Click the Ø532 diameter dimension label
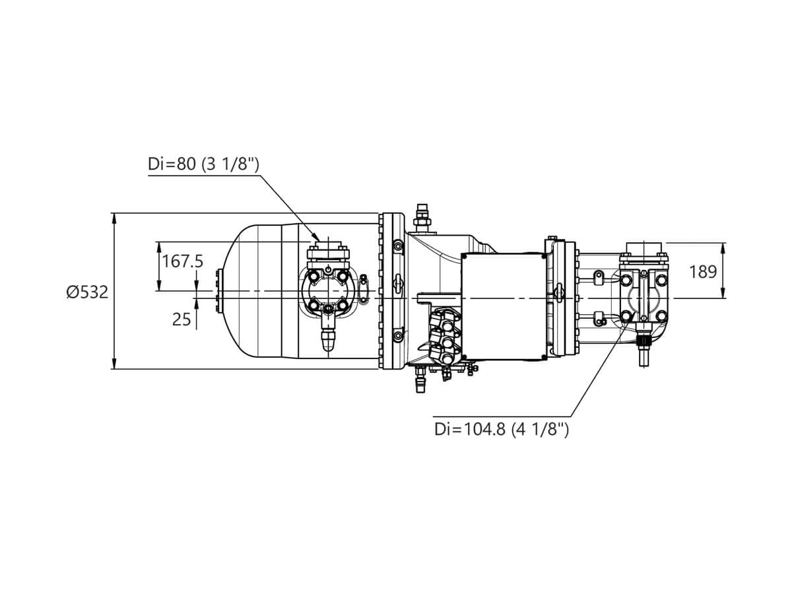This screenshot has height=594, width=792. pos(87,292)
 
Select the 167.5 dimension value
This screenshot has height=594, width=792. pos(183,261)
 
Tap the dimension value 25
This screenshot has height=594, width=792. pos(181,319)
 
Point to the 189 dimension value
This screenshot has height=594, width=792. pos(702,271)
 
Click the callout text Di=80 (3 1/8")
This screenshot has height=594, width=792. pos(203,164)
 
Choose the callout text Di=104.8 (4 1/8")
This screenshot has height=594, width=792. pos(501,429)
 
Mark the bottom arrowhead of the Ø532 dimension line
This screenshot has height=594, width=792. pos(114,364)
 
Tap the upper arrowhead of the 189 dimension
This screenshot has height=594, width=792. pos(723,247)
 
